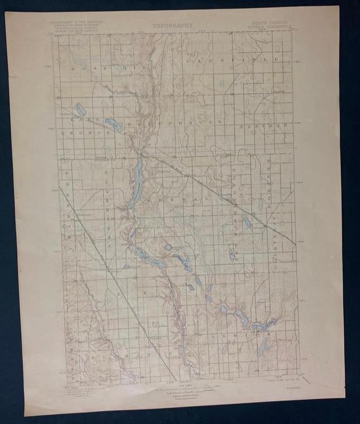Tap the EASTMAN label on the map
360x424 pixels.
(271, 126)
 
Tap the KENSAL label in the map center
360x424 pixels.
(170, 199)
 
